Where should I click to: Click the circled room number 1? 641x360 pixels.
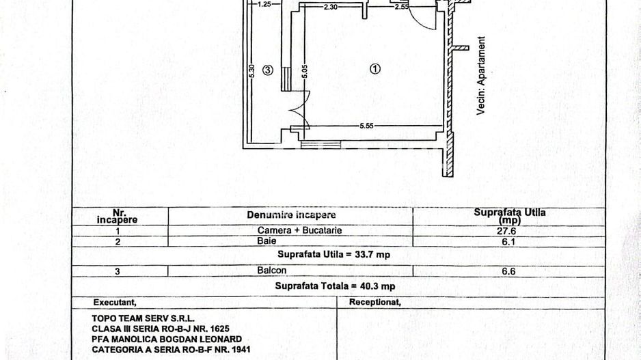[x=374, y=68]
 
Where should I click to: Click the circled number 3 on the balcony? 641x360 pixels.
[x=268, y=70]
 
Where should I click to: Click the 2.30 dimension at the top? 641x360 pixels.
[x=331, y=7]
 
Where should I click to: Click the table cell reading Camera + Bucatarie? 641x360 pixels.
[x=290, y=231]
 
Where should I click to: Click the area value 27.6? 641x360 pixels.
[x=510, y=231]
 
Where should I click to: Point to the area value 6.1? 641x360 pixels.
[x=510, y=241]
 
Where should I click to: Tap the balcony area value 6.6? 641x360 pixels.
[x=510, y=271]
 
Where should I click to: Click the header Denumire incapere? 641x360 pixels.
[x=291, y=214]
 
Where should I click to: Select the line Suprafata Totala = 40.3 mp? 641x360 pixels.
[x=335, y=286]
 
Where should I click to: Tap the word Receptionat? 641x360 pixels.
[x=374, y=301]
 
